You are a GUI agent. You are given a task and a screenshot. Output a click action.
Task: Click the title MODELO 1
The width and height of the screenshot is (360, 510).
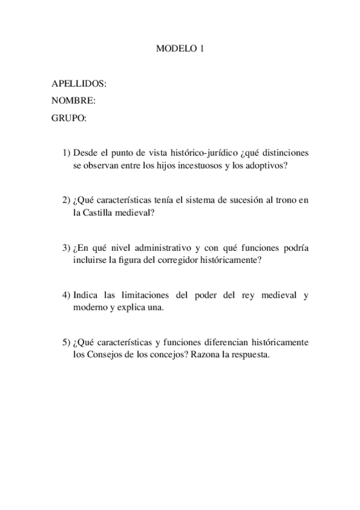click(180, 51)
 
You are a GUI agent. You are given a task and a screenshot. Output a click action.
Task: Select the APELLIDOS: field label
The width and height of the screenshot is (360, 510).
click(79, 84)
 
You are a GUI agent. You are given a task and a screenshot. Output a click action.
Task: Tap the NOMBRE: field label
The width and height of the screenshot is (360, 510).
click(74, 100)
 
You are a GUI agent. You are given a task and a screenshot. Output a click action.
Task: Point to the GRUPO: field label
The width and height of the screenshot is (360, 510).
click(69, 118)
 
